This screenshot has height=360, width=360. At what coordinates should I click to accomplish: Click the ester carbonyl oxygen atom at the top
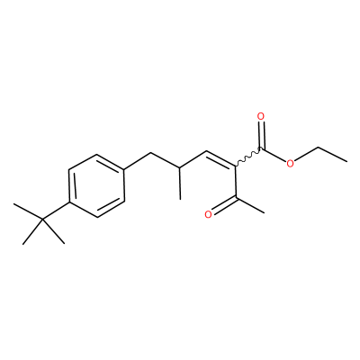(261, 116)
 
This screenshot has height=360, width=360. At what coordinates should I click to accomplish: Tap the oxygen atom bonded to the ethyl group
(290, 164)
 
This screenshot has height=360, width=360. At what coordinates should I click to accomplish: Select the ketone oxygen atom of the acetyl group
(208, 214)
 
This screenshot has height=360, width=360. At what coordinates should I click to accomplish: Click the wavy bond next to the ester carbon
(248, 156)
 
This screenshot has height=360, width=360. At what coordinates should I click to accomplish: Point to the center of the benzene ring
(96, 185)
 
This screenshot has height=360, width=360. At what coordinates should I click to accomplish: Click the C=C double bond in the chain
(221, 157)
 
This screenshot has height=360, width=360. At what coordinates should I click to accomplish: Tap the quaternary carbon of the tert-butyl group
(42, 220)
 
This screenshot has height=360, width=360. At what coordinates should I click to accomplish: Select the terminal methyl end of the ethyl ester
(346, 162)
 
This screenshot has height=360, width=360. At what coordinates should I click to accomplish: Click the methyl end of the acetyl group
(264, 213)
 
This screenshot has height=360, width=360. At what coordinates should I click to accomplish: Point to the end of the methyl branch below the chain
(180, 199)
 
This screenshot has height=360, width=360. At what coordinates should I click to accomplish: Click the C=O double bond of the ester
(262, 134)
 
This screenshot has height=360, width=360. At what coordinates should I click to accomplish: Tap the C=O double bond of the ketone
(223, 205)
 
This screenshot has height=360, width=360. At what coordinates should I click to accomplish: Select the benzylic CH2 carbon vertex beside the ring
(150, 154)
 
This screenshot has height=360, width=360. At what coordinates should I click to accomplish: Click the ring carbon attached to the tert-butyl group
(69, 202)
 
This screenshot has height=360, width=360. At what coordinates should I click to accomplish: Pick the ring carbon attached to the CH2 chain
(124, 169)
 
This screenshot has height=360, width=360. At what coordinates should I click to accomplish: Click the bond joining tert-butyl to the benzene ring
(56, 211)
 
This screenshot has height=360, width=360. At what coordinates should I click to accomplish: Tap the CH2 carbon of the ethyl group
(319, 147)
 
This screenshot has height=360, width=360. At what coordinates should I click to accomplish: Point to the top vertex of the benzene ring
(97, 154)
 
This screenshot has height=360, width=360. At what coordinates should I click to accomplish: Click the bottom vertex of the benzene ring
(97, 217)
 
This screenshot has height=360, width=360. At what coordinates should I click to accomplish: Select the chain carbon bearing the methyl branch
(180, 167)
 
